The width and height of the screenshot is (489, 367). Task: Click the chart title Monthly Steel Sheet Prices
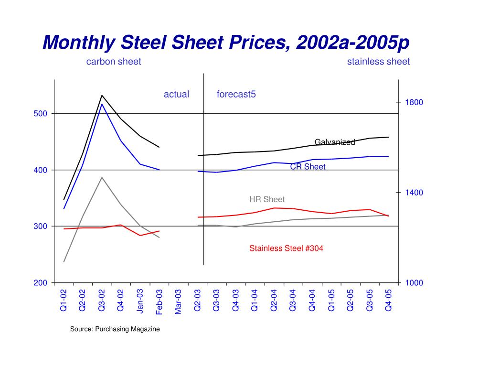pyautogui.click(x=226, y=43)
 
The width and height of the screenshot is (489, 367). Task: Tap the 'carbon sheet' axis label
pyautogui.click(x=113, y=62)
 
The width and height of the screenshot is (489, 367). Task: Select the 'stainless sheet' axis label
pyautogui.click(x=378, y=62)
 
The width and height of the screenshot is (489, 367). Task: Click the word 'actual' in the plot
pyautogui.click(x=176, y=94)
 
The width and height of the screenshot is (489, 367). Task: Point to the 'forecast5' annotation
pyautogui.click(x=236, y=94)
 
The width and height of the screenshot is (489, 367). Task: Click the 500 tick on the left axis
pyautogui.click(x=41, y=114)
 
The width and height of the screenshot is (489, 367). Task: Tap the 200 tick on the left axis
pyautogui.click(x=41, y=283)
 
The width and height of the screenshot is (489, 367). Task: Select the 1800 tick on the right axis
pyautogui.click(x=414, y=102)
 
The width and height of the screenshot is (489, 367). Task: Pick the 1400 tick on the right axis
pyautogui.click(x=414, y=193)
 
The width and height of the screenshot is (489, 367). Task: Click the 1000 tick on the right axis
pyautogui.click(x=414, y=283)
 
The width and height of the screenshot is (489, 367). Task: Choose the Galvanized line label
pyautogui.click(x=334, y=142)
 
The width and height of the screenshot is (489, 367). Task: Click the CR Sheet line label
pyautogui.click(x=308, y=167)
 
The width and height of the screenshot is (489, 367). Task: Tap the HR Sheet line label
pyautogui.click(x=267, y=199)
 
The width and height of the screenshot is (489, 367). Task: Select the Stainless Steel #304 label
pyautogui.click(x=286, y=248)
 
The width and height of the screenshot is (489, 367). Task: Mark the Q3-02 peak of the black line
pyautogui.click(x=102, y=96)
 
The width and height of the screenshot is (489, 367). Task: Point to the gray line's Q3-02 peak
pyautogui.click(x=102, y=178)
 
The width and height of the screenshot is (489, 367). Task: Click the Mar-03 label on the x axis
pyautogui.click(x=178, y=302)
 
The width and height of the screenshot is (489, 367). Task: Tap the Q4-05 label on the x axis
pyautogui.click(x=388, y=300)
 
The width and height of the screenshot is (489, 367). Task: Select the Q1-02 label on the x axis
pyautogui.click(x=64, y=300)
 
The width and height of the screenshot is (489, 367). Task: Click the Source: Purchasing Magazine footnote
pyautogui.click(x=115, y=329)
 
